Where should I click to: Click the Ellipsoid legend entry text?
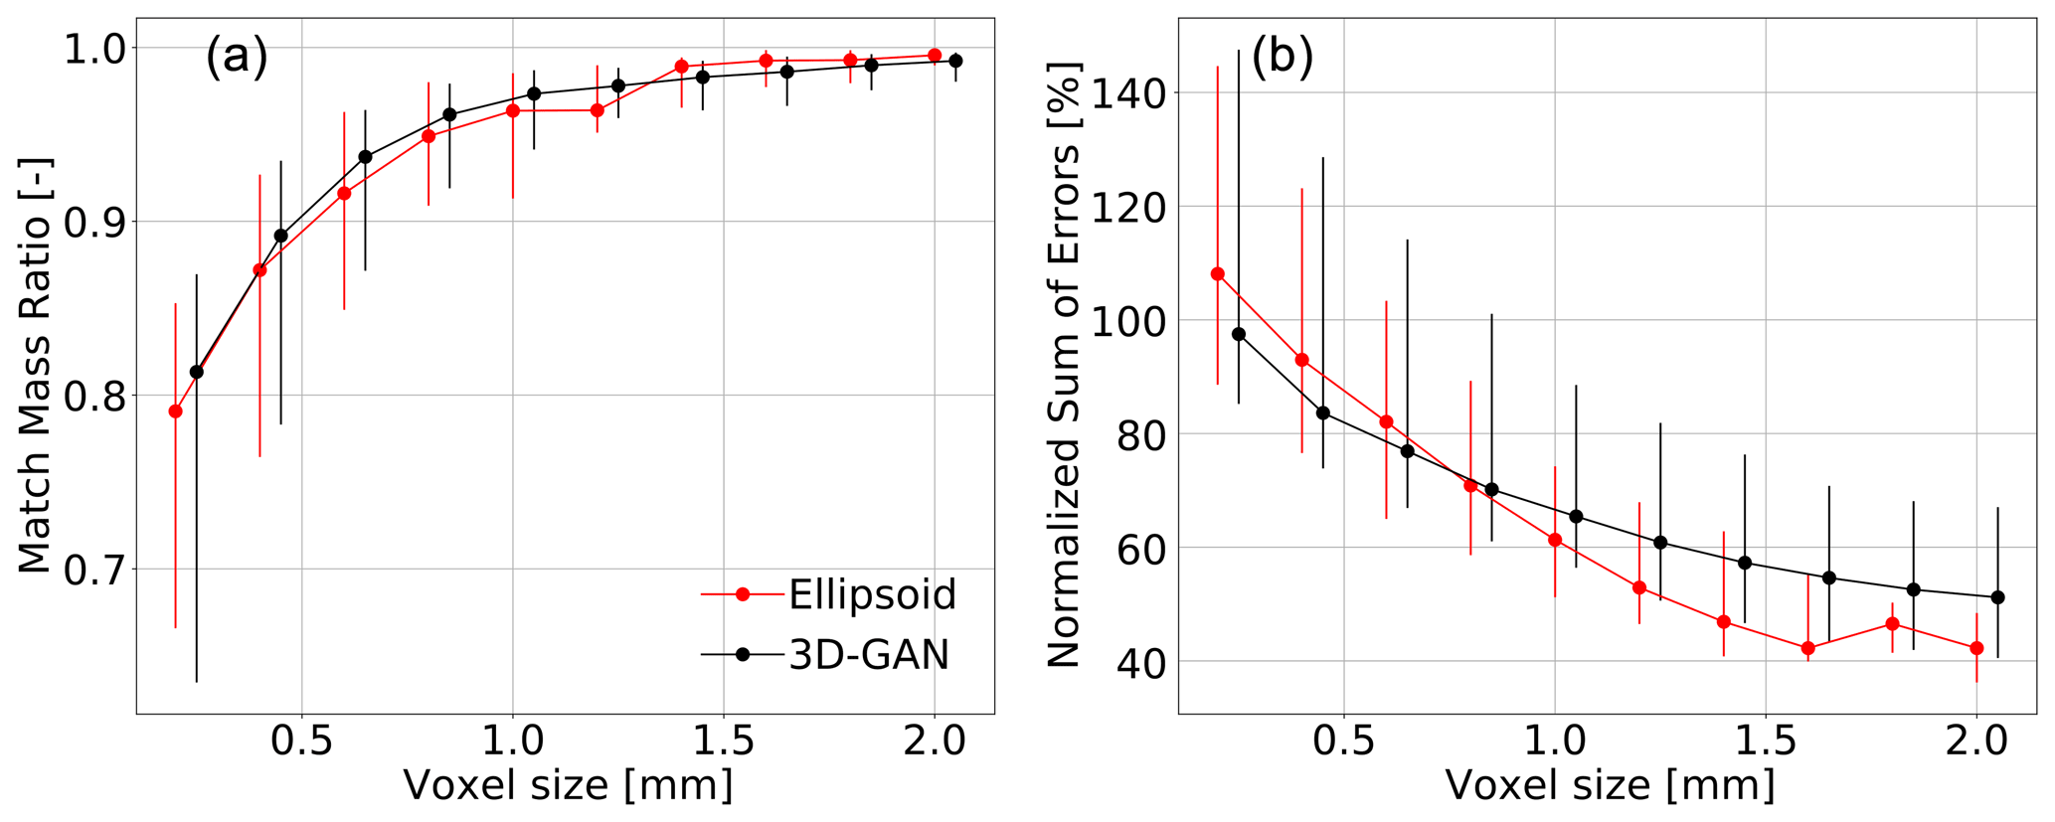point(872,594)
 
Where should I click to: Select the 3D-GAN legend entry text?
point(869,655)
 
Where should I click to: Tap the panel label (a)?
point(237,57)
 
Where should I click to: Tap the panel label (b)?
point(1282,57)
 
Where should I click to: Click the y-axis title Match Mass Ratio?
point(35,366)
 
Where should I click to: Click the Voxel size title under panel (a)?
point(568,785)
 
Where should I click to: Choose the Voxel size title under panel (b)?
point(1610,785)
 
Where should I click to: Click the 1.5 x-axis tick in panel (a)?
point(723,740)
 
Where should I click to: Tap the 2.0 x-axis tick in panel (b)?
point(1975,740)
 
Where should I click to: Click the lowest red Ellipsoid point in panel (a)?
point(176,411)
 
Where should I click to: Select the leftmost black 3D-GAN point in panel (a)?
point(197,372)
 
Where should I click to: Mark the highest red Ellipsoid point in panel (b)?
point(1217,274)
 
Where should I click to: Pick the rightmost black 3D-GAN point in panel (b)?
point(1997,597)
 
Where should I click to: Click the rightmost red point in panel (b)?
point(1976,648)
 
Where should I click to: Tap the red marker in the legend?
point(742,594)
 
